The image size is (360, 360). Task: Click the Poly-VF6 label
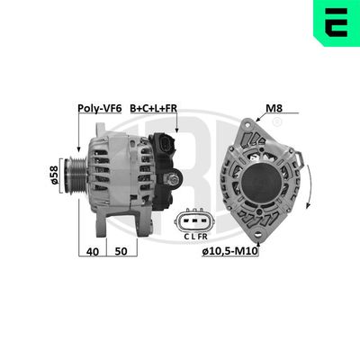coord(99,108)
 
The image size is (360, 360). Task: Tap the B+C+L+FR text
coord(154,108)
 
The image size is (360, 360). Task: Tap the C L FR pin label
coord(191,236)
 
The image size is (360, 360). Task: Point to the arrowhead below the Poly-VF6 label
coord(80,149)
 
